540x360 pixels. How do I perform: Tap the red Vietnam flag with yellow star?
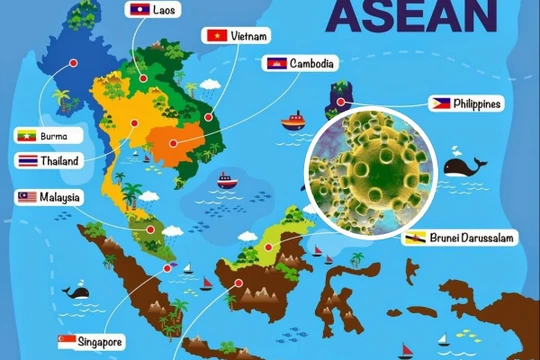pyautogui.click(x=213, y=35)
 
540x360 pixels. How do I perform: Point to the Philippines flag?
pyautogui.click(x=440, y=103)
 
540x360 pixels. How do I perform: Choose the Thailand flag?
pyautogui.click(x=26, y=160)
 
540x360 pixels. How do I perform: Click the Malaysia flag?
pyautogui.click(x=26, y=197)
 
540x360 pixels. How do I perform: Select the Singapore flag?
pyautogui.click(x=67, y=341)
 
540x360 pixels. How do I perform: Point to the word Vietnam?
pyautogui.click(x=250, y=36)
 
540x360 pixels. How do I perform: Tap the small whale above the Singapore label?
pyautogui.click(x=76, y=292)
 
